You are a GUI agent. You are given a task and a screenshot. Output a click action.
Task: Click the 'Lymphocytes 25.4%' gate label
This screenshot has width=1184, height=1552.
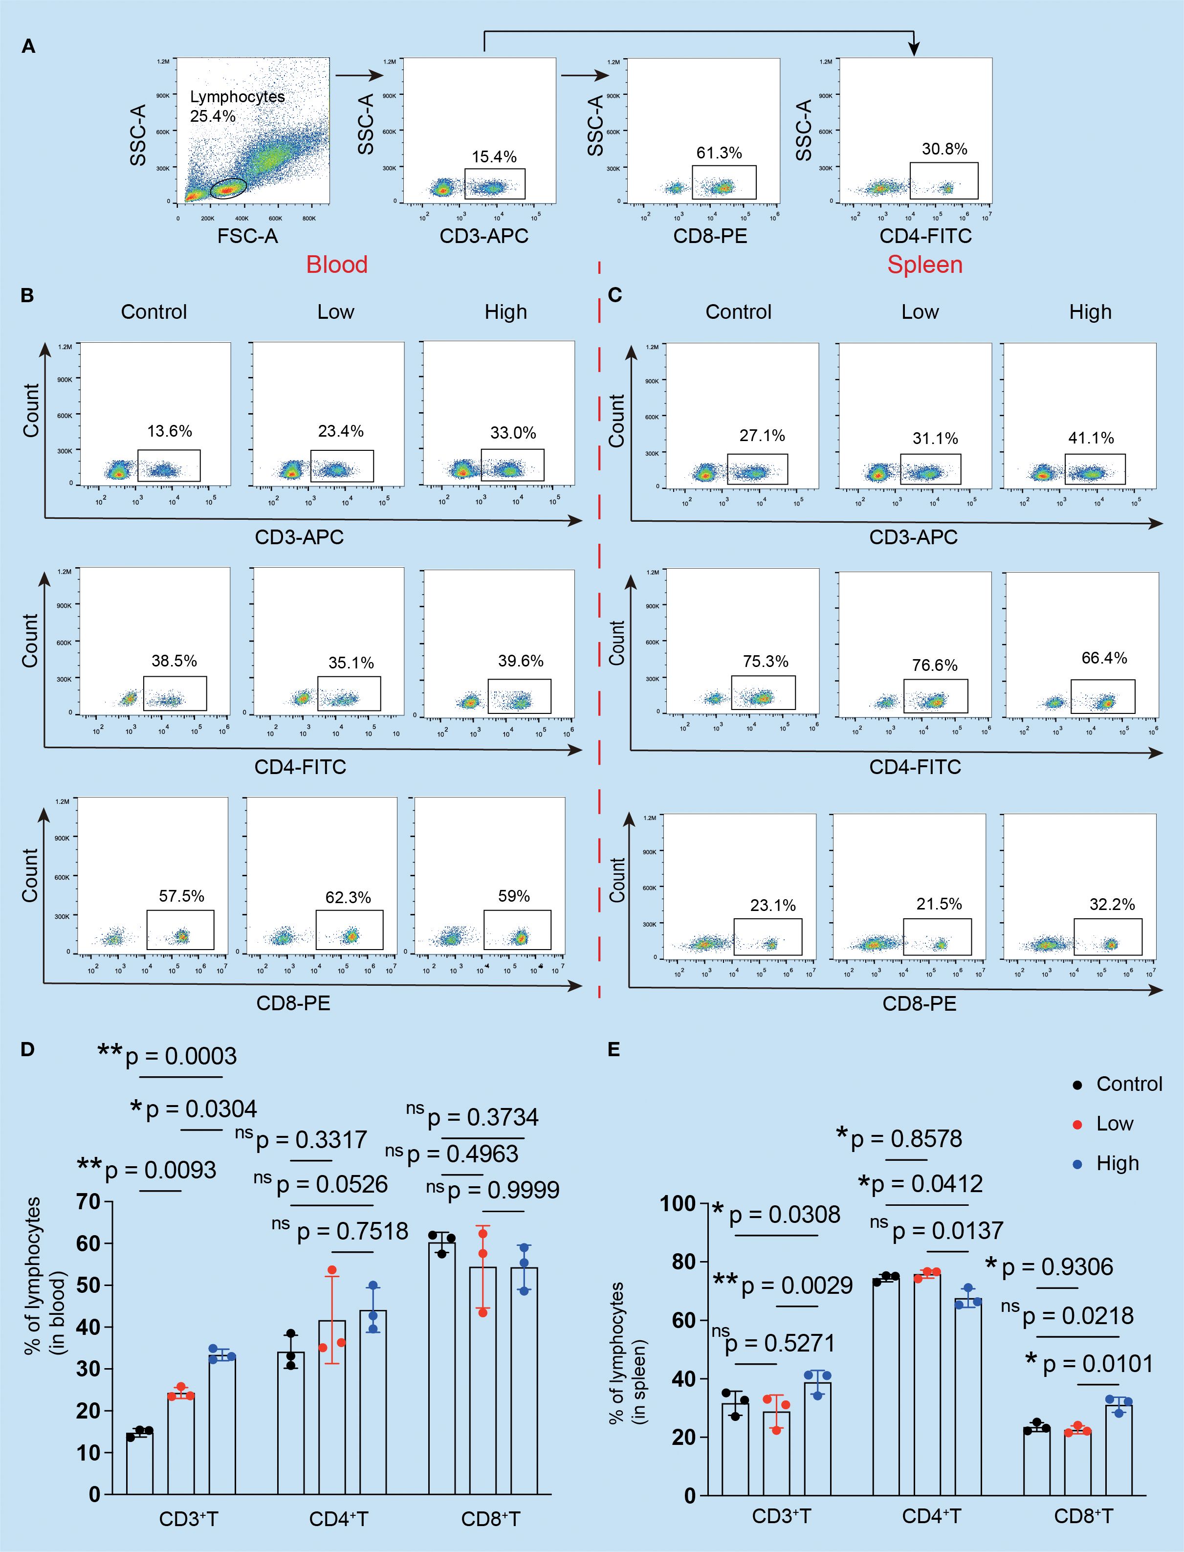237,106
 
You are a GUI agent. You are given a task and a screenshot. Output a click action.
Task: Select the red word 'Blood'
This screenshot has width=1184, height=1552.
336,265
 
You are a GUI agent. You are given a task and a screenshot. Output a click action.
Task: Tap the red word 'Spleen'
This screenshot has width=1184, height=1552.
924,265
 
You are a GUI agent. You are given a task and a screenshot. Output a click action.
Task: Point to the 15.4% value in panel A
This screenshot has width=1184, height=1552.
494,156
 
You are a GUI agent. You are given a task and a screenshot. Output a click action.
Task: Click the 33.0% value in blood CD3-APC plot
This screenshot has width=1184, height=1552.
513,432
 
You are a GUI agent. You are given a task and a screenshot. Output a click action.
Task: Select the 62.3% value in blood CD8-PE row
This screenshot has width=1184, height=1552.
348,897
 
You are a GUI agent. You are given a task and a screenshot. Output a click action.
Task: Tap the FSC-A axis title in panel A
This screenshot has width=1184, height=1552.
247,236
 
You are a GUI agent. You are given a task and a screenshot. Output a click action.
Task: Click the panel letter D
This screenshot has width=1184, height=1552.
27,1049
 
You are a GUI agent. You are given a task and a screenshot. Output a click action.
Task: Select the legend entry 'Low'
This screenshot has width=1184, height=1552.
1114,1124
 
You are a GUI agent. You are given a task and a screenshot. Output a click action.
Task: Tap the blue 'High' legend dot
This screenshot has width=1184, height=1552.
1077,1164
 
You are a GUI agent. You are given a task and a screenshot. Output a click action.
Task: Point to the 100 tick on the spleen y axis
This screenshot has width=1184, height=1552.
677,1203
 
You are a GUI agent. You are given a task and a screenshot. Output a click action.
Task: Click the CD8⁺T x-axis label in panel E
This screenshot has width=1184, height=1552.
1083,1515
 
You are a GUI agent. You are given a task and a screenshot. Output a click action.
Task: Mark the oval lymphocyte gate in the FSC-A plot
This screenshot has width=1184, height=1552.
229,188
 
